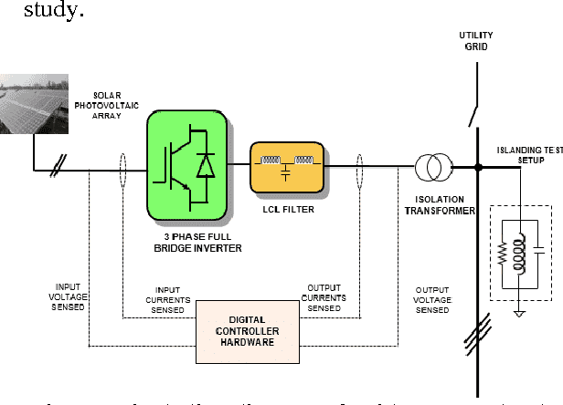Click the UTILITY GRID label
tap(475, 40)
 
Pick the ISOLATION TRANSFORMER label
tap(441, 205)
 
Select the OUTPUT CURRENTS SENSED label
tap(324, 298)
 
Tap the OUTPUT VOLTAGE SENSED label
tap(432, 299)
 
